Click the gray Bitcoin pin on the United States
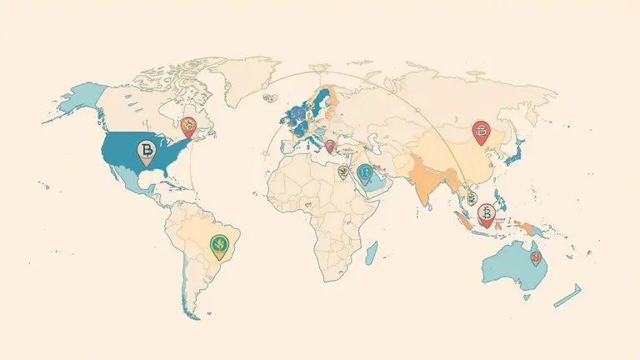point(146,151)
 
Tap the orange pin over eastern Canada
point(189,127)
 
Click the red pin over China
point(480,130)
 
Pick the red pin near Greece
point(330,147)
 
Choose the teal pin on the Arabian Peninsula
point(364,172)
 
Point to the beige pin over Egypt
point(342,172)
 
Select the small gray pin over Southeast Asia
point(472,198)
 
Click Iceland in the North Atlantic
point(272,97)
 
